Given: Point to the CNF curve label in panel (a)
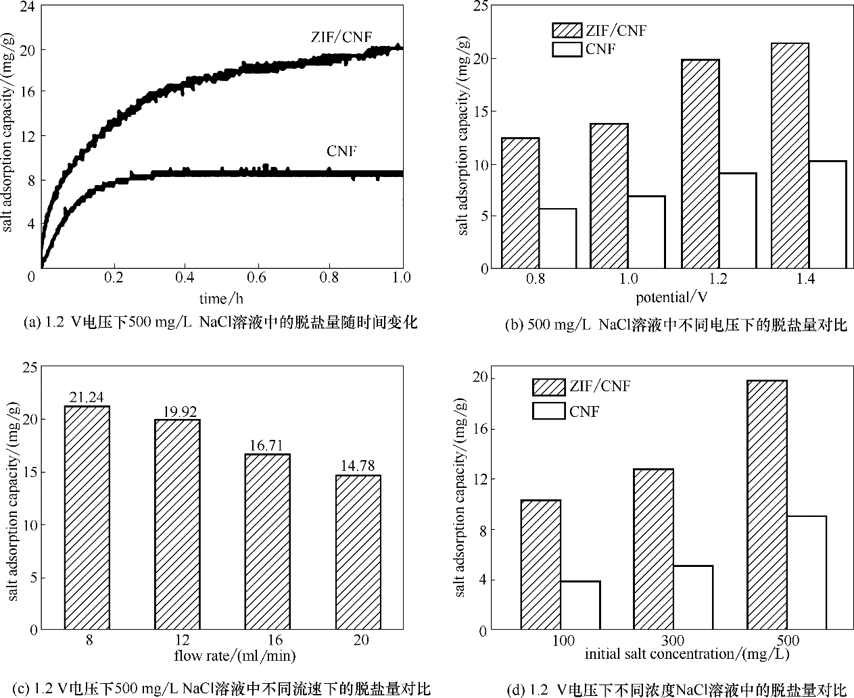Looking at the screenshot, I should [341, 151].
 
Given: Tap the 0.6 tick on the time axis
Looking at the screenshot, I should [257, 277].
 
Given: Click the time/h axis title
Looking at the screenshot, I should [221, 298].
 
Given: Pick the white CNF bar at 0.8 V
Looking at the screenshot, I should [558, 239].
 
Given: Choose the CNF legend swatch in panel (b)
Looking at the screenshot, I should [567, 49].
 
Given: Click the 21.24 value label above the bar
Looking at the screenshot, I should [87, 397].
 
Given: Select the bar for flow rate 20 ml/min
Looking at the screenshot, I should [358, 552].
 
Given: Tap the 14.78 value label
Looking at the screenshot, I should [358, 466].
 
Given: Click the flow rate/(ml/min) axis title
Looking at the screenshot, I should [235, 655].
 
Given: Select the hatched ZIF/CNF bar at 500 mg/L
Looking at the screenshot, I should [767, 505].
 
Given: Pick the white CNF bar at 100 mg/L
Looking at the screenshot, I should [580, 605].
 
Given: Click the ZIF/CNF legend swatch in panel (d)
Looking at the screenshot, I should [548, 387].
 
